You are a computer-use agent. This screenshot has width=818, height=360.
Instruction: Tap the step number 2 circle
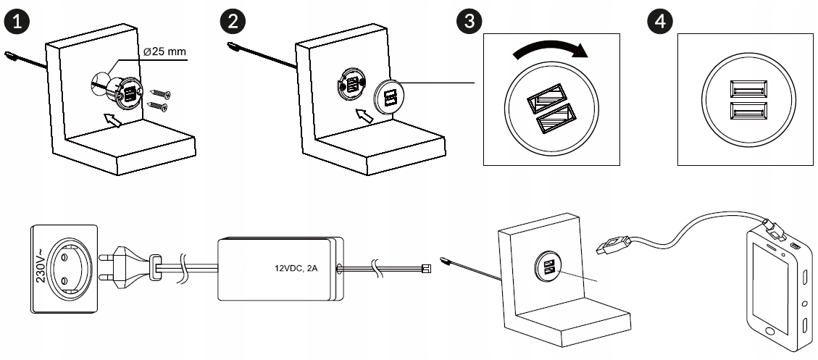(x=233, y=22)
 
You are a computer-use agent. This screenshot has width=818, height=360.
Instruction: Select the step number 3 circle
(x=469, y=22)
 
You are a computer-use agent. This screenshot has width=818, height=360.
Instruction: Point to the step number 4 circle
(x=660, y=22)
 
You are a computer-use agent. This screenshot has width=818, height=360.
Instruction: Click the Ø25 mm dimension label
(x=164, y=52)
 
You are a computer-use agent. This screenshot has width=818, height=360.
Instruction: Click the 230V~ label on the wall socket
(x=42, y=265)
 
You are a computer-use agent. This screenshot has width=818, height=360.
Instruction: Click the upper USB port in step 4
(x=748, y=90)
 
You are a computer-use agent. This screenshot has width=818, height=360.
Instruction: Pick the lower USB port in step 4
(x=748, y=111)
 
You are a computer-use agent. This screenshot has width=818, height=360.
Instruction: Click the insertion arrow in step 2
(x=364, y=114)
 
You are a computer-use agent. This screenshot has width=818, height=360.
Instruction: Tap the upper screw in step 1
(x=159, y=94)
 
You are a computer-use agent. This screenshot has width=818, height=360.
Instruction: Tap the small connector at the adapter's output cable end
(x=426, y=269)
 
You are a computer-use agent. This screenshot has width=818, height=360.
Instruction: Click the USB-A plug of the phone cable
(x=614, y=244)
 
